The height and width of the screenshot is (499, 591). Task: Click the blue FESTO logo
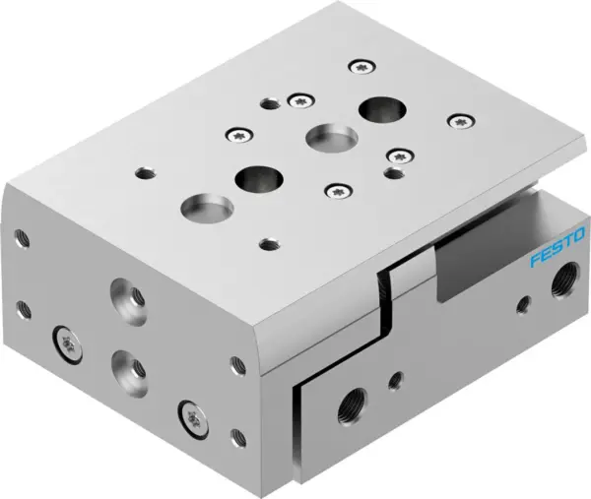tap(558, 247)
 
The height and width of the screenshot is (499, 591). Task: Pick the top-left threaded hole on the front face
tap(20, 237)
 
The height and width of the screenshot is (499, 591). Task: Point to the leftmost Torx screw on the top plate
tap(235, 135)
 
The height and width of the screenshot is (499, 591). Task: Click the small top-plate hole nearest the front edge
tap(266, 242)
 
